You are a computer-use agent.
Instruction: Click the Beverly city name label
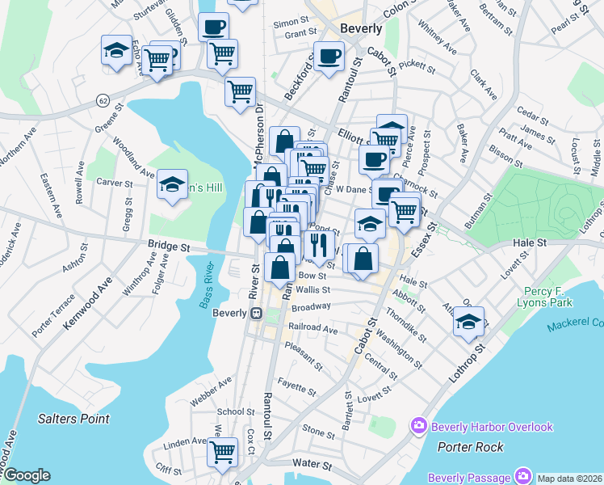coord(361,27)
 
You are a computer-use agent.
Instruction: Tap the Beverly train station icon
coord(257,314)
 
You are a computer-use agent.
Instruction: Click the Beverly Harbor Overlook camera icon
coord(419,425)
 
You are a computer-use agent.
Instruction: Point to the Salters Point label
coord(73,419)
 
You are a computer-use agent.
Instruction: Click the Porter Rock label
coord(470,447)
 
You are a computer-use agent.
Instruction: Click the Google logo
coord(26,475)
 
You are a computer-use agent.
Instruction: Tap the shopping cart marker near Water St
coord(222,452)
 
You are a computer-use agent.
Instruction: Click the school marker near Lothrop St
coord(468,321)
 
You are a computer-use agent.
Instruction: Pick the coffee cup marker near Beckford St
coord(329,56)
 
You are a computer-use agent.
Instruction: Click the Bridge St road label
coord(168,242)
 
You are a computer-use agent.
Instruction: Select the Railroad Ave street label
coord(314,329)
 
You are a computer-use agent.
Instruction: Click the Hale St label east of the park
coord(531,242)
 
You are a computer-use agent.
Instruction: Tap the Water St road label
coord(312,465)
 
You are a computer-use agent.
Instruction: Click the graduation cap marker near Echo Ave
coord(117,50)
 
